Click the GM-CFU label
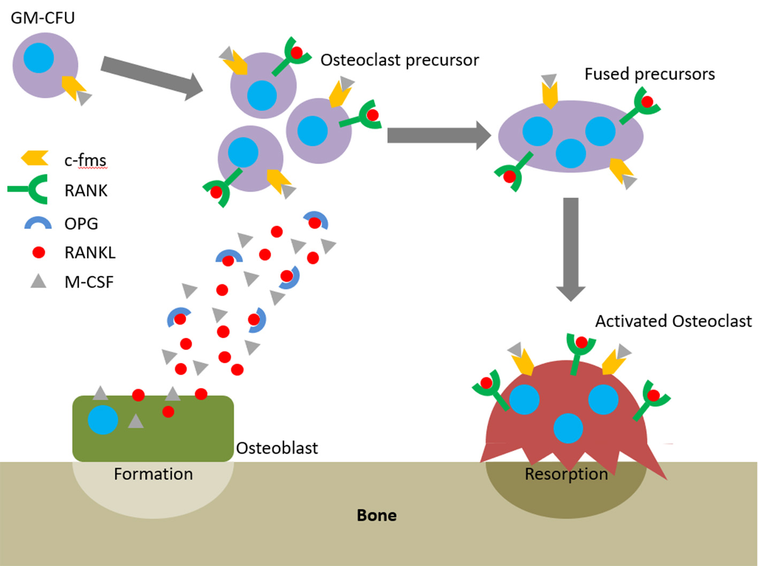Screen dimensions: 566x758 coord(43,18)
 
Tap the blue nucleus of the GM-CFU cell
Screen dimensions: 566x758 coord(39,57)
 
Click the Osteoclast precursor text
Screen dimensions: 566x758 coord(399,60)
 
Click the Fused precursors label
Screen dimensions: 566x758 coord(649,74)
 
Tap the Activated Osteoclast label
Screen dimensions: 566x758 coord(673,321)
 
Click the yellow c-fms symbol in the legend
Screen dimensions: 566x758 coord(35,158)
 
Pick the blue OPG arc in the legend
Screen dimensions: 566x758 coord(38,223)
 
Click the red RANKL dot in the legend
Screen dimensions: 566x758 coord(39,252)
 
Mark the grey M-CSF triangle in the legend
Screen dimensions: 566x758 coord(39,281)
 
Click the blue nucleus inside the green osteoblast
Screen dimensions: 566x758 coord(103,420)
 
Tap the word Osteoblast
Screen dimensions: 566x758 coord(277,448)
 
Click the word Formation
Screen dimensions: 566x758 coord(153,474)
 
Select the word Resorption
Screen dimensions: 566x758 coord(566,474)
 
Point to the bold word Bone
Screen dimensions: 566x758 coord(377,515)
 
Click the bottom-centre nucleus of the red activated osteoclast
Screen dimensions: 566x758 coord(568,428)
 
